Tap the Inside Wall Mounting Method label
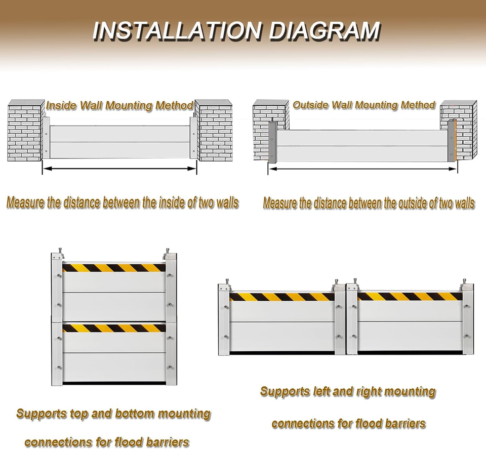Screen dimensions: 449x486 click(x=119, y=106)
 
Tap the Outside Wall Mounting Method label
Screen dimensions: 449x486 click(x=364, y=105)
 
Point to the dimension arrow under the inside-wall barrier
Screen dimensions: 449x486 click(x=119, y=169)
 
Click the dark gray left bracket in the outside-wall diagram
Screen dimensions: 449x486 click(x=272, y=142)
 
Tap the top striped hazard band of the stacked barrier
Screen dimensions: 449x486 click(x=114, y=268)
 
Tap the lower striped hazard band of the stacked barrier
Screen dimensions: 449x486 click(x=114, y=328)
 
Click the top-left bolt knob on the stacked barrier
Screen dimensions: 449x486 click(x=60, y=250)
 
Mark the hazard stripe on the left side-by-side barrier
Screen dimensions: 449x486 click(x=282, y=297)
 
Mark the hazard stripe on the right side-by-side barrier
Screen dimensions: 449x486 click(x=410, y=296)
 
